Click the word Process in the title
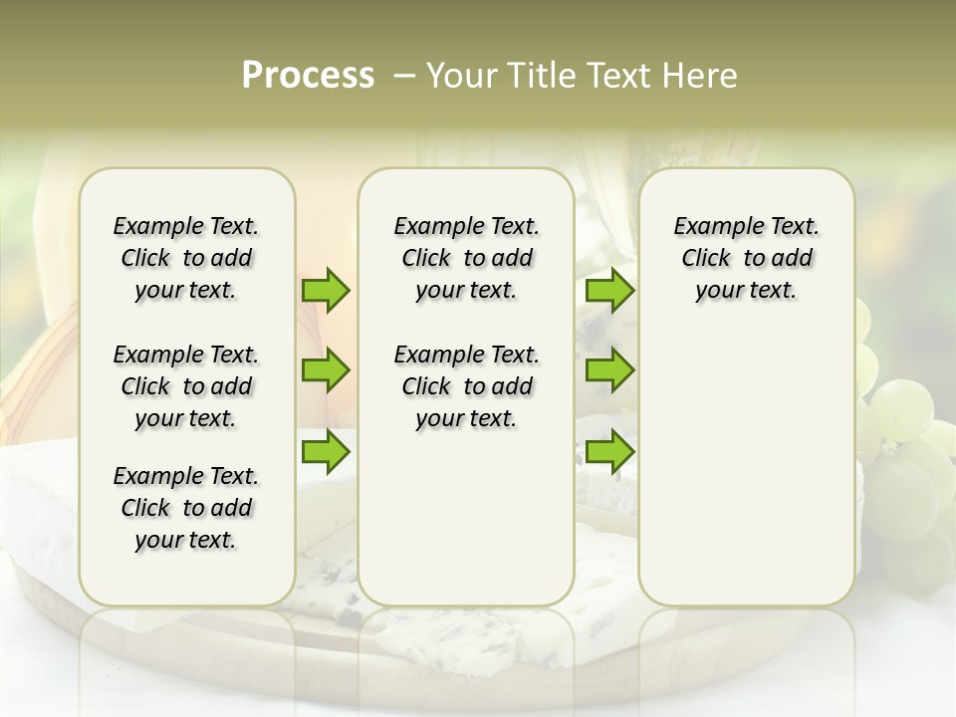[307, 76]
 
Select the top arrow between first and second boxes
[326, 290]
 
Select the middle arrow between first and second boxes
[326, 370]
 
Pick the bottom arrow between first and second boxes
[326, 452]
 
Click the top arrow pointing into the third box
[609, 290]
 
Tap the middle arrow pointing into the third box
[609, 370]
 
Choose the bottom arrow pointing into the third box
[609, 452]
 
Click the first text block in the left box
[186, 258]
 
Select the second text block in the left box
[186, 386]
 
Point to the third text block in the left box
[186, 508]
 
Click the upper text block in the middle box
[466, 258]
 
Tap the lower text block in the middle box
[466, 386]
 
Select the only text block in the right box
[746, 258]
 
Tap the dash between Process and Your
[403, 76]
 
